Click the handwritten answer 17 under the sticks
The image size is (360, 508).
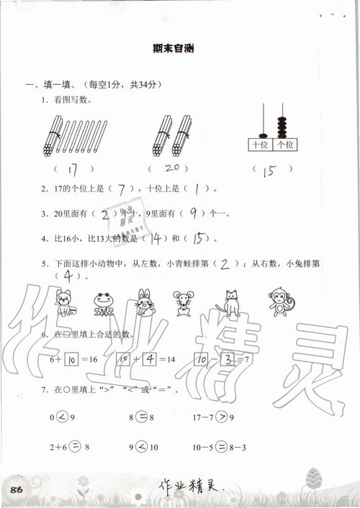point(69,171)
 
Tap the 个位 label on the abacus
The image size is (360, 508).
point(285,145)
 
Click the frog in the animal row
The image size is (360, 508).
point(104,303)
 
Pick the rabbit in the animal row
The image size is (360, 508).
point(145,302)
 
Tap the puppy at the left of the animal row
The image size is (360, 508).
point(66,302)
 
